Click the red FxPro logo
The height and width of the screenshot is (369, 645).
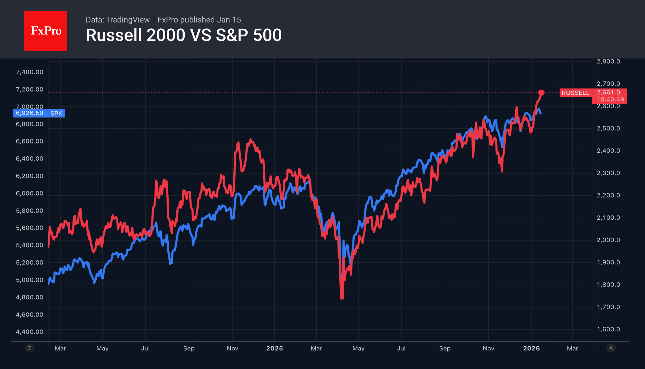coord(46,31)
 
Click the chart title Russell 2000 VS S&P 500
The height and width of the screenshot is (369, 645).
coord(183,35)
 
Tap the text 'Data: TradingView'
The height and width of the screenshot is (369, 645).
coord(117,20)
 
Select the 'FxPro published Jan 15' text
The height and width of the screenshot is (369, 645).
coord(199,20)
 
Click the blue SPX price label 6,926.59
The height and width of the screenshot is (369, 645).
coord(30,113)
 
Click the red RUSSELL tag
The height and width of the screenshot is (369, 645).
coord(575,93)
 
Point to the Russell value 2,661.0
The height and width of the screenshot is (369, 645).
coord(608,92)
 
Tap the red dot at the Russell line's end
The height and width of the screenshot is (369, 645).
coord(541,93)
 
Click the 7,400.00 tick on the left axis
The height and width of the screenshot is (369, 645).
coord(30,72)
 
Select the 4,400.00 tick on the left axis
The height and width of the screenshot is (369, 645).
coord(30,332)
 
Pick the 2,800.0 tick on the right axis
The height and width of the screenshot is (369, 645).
coord(608,61)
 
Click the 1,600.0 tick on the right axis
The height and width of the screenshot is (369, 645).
coord(608,329)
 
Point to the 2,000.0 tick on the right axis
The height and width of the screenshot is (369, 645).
coord(608,240)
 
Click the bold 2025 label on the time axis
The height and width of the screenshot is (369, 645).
coord(274,348)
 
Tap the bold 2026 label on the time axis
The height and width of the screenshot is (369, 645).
coord(531,348)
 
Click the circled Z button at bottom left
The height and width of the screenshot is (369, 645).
coord(29,348)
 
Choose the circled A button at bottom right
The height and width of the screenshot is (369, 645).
coord(611,348)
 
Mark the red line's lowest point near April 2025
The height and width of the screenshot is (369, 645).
coord(342,298)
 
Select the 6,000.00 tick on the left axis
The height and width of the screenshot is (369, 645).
coord(30,193)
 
